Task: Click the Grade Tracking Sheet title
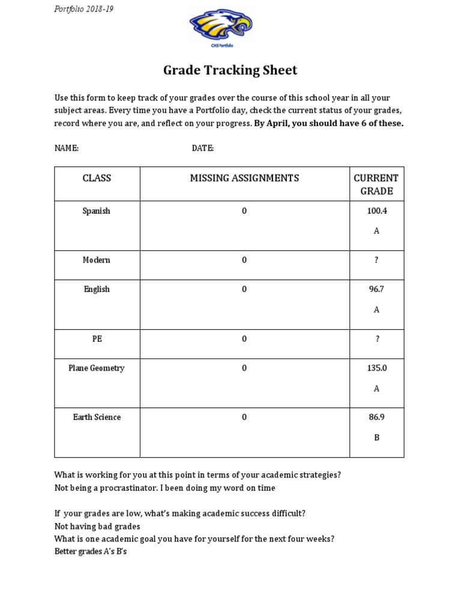click(230, 71)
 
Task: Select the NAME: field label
click(67, 148)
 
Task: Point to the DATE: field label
click(203, 148)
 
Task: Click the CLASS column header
click(97, 178)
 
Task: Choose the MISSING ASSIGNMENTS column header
click(244, 178)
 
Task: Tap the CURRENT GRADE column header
click(376, 184)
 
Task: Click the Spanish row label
click(97, 211)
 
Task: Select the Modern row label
click(97, 260)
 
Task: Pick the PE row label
click(97, 339)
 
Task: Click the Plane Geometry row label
click(97, 368)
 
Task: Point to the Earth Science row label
click(97, 417)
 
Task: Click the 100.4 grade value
click(376, 211)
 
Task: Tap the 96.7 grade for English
click(376, 289)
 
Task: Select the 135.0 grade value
click(376, 368)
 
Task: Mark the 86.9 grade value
click(376, 417)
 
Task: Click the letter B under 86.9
click(376, 438)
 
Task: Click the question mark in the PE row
click(377, 339)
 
